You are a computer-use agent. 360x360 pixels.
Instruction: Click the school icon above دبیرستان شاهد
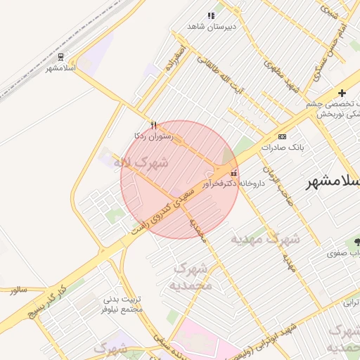[x=210, y=15]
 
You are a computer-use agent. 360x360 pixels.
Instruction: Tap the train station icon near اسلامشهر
[x=61, y=57]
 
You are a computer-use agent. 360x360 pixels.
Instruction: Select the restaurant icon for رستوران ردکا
[x=154, y=124]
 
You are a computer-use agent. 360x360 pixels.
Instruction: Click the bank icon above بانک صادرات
[x=283, y=136]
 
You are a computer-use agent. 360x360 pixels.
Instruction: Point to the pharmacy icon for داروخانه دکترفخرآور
[x=234, y=172]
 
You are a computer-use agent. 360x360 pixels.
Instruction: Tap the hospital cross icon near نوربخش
[x=342, y=93]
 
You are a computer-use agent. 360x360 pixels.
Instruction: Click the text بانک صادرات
[x=281, y=148]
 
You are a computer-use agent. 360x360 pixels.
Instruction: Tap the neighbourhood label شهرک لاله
[x=146, y=163]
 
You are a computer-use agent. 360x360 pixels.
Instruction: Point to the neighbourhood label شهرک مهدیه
[x=266, y=239]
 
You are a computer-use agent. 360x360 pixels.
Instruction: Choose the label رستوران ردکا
[x=153, y=135]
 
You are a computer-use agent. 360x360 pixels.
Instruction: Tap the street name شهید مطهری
[x=282, y=76]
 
